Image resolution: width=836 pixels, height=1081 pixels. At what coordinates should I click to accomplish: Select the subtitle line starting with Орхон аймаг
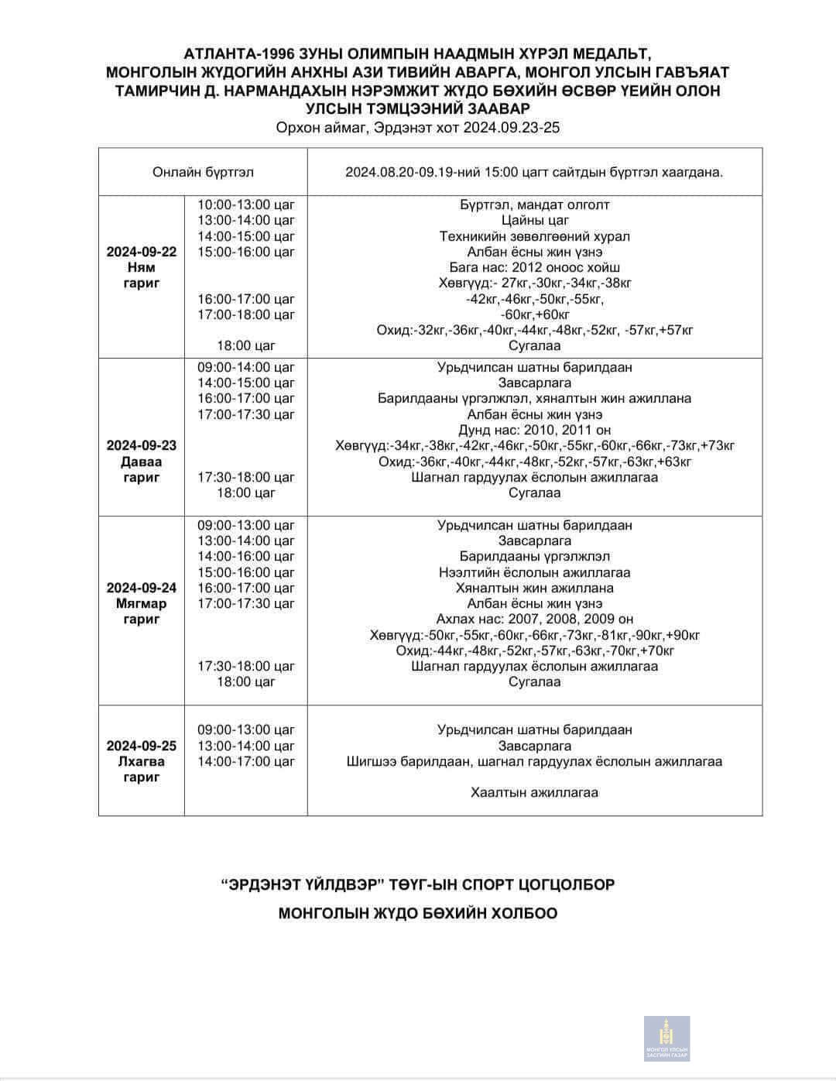pyautogui.click(x=417, y=128)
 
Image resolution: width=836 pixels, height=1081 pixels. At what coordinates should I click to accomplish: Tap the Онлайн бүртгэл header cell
pyautogui.click(x=203, y=172)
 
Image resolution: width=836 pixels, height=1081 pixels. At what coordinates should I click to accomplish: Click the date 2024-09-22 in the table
pyautogui.click(x=142, y=252)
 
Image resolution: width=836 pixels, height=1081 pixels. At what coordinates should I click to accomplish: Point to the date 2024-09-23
pyautogui.click(x=142, y=445)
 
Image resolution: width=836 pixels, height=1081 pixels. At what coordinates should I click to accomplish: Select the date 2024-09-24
pyautogui.click(x=142, y=588)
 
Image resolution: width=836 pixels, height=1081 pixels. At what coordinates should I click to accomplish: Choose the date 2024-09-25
pyautogui.click(x=142, y=746)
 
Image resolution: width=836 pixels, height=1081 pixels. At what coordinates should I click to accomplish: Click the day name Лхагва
pyautogui.click(x=142, y=761)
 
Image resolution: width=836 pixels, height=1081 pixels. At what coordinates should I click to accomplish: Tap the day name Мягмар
pyautogui.click(x=142, y=603)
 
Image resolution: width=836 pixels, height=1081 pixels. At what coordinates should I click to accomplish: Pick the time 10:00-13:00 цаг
pyautogui.click(x=246, y=204)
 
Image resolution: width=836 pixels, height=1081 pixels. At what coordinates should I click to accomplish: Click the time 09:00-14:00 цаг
pyautogui.click(x=246, y=367)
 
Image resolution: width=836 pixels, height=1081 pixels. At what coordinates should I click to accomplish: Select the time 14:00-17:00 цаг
pyautogui.click(x=246, y=761)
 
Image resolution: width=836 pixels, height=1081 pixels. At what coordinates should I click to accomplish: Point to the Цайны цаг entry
pyautogui.click(x=535, y=221)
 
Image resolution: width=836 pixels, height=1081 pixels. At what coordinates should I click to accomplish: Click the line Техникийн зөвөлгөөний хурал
pyautogui.click(x=535, y=236)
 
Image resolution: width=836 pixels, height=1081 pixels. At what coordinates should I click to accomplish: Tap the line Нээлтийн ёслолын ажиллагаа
pyautogui.click(x=535, y=572)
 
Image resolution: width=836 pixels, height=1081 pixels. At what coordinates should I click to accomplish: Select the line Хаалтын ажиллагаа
pyautogui.click(x=535, y=792)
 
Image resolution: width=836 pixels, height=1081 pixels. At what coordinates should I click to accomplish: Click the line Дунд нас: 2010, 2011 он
pyautogui.click(x=535, y=430)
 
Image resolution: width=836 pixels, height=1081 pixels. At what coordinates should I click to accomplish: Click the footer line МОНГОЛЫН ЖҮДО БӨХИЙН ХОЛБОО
pyautogui.click(x=418, y=913)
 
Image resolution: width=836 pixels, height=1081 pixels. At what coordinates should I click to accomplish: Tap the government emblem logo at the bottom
pyautogui.click(x=666, y=1038)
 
